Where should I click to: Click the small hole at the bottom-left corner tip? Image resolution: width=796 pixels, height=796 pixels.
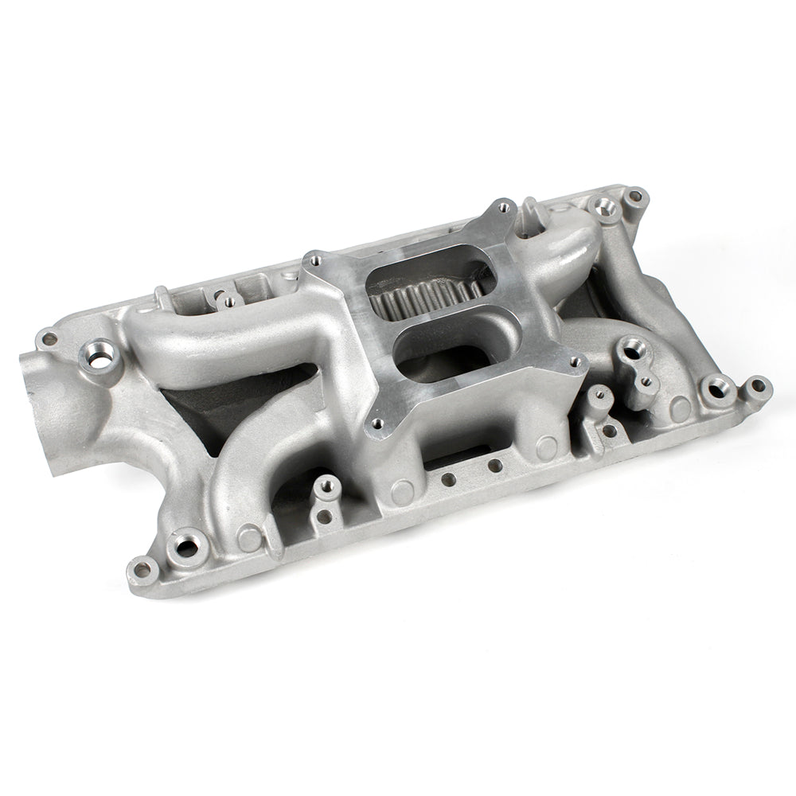tap(146, 567)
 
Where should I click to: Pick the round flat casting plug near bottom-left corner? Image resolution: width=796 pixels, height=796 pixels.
tap(250, 538)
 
